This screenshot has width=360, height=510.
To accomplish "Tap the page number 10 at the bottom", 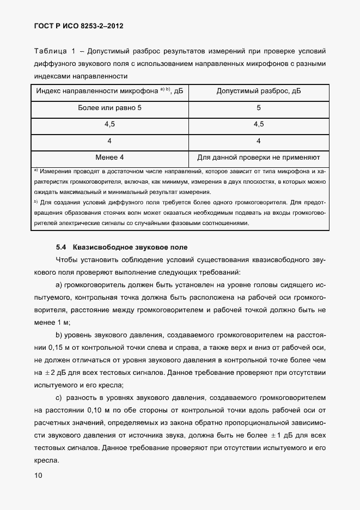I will pos(39,475).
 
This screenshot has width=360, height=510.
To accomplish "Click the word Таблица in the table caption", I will pos(51,51).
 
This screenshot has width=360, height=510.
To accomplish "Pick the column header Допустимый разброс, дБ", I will pos(259,92).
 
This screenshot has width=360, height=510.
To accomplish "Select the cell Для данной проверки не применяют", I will pos(259,157).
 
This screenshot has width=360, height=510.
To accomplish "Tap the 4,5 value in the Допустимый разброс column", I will pos(259,124).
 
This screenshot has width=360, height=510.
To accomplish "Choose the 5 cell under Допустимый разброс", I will pos(259,108).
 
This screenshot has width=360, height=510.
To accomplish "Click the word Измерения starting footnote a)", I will pos(57,172).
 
